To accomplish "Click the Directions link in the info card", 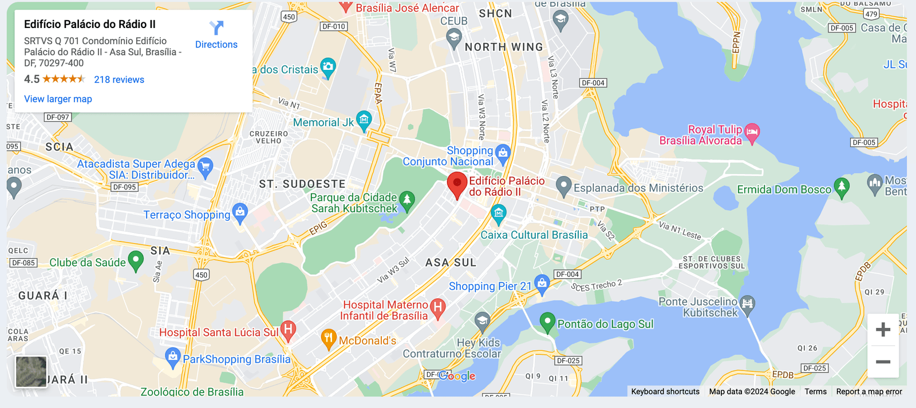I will (216, 35).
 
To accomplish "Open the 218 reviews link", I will (119, 80).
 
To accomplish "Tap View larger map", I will (58, 99).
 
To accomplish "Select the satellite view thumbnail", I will (31, 371).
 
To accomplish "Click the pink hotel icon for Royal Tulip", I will (752, 132).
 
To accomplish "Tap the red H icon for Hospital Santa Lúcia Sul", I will (288, 329).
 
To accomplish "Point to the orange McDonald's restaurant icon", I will (328, 338).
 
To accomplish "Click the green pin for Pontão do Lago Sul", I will (547, 322).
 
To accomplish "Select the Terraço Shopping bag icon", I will (240, 212).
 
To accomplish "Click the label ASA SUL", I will (451, 263).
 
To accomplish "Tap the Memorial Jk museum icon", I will (364, 120).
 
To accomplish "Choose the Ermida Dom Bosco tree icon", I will (841, 187).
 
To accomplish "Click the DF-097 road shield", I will (58, 117).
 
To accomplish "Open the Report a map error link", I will (868, 392).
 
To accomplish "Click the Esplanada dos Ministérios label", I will (638, 188).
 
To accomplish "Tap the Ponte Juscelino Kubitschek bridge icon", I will (747, 304).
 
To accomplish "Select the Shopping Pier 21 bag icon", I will (542, 283).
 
